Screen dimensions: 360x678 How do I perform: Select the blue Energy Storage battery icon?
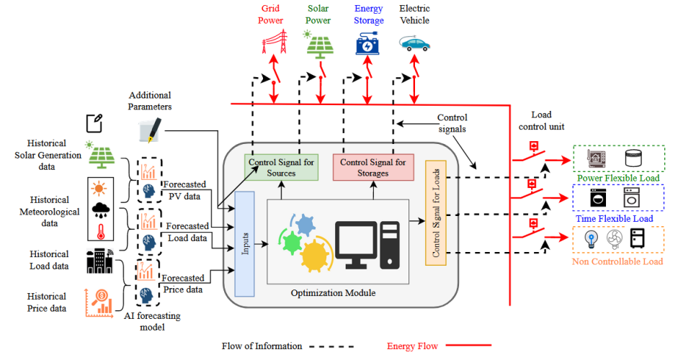369,45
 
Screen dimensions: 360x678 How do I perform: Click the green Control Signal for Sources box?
282,168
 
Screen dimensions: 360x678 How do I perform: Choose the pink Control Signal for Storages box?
373,168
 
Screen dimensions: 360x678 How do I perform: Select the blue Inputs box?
245,244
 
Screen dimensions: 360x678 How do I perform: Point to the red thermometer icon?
99,231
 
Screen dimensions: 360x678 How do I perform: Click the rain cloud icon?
99,210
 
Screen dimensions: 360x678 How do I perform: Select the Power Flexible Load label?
617,177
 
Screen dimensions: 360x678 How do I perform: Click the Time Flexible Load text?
617,218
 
